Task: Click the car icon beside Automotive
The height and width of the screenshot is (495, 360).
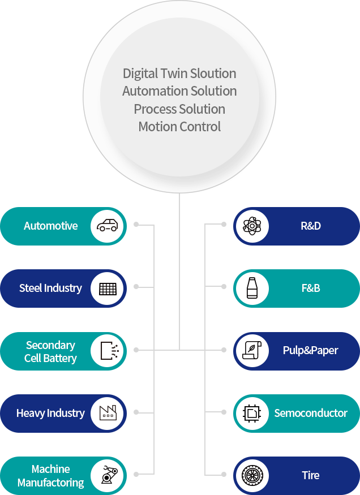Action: pyautogui.click(x=108, y=226)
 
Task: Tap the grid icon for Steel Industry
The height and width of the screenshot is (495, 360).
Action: pyautogui.click(x=108, y=289)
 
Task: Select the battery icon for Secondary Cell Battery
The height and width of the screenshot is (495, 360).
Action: pyautogui.click(x=108, y=351)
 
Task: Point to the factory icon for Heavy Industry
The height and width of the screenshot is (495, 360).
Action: pyautogui.click(x=108, y=413)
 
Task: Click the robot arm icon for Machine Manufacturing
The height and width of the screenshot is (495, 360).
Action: pyautogui.click(x=108, y=475)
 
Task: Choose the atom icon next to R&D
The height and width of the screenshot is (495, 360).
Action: pyautogui.click(x=251, y=226)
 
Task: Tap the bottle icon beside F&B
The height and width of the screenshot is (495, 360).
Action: pyautogui.click(x=251, y=289)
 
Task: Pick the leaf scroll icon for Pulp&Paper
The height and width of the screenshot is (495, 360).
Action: pyautogui.click(x=251, y=351)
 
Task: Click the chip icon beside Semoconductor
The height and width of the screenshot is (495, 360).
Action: pyautogui.click(x=251, y=413)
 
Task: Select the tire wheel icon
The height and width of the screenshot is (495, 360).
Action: pyautogui.click(x=251, y=475)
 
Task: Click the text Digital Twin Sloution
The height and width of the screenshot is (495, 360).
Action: pyautogui.click(x=179, y=74)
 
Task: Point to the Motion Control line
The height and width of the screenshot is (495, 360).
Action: pyautogui.click(x=179, y=127)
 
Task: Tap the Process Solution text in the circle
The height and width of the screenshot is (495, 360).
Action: pyautogui.click(x=179, y=109)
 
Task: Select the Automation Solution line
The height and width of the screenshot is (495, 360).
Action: pyautogui.click(x=179, y=91)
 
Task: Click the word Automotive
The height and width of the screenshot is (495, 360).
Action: pyautogui.click(x=51, y=226)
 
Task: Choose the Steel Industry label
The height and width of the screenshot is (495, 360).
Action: pyautogui.click(x=50, y=288)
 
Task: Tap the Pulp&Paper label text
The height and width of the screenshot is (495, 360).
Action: pyautogui.click(x=310, y=351)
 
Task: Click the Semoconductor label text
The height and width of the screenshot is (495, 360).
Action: pyautogui.click(x=311, y=413)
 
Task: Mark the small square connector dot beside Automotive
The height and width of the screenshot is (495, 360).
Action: pyautogui.click(x=136, y=225)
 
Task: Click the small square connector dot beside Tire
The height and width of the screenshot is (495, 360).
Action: pyautogui.click(x=224, y=475)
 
